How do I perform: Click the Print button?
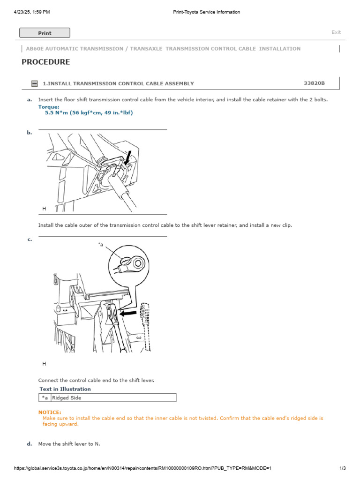[x=45, y=33]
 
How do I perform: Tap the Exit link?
[x=336, y=32]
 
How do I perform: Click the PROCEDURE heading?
[x=46, y=62]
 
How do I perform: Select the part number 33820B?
[x=314, y=83]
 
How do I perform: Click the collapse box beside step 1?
[x=34, y=83]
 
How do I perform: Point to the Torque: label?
[x=49, y=107]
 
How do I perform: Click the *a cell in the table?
[x=45, y=397]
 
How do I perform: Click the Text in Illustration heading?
[x=65, y=389]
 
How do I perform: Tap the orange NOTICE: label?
[x=50, y=412]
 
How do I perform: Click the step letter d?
[x=30, y=443]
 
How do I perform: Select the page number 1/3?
[x=342, y=468]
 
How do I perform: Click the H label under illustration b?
[x=44, y=208]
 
